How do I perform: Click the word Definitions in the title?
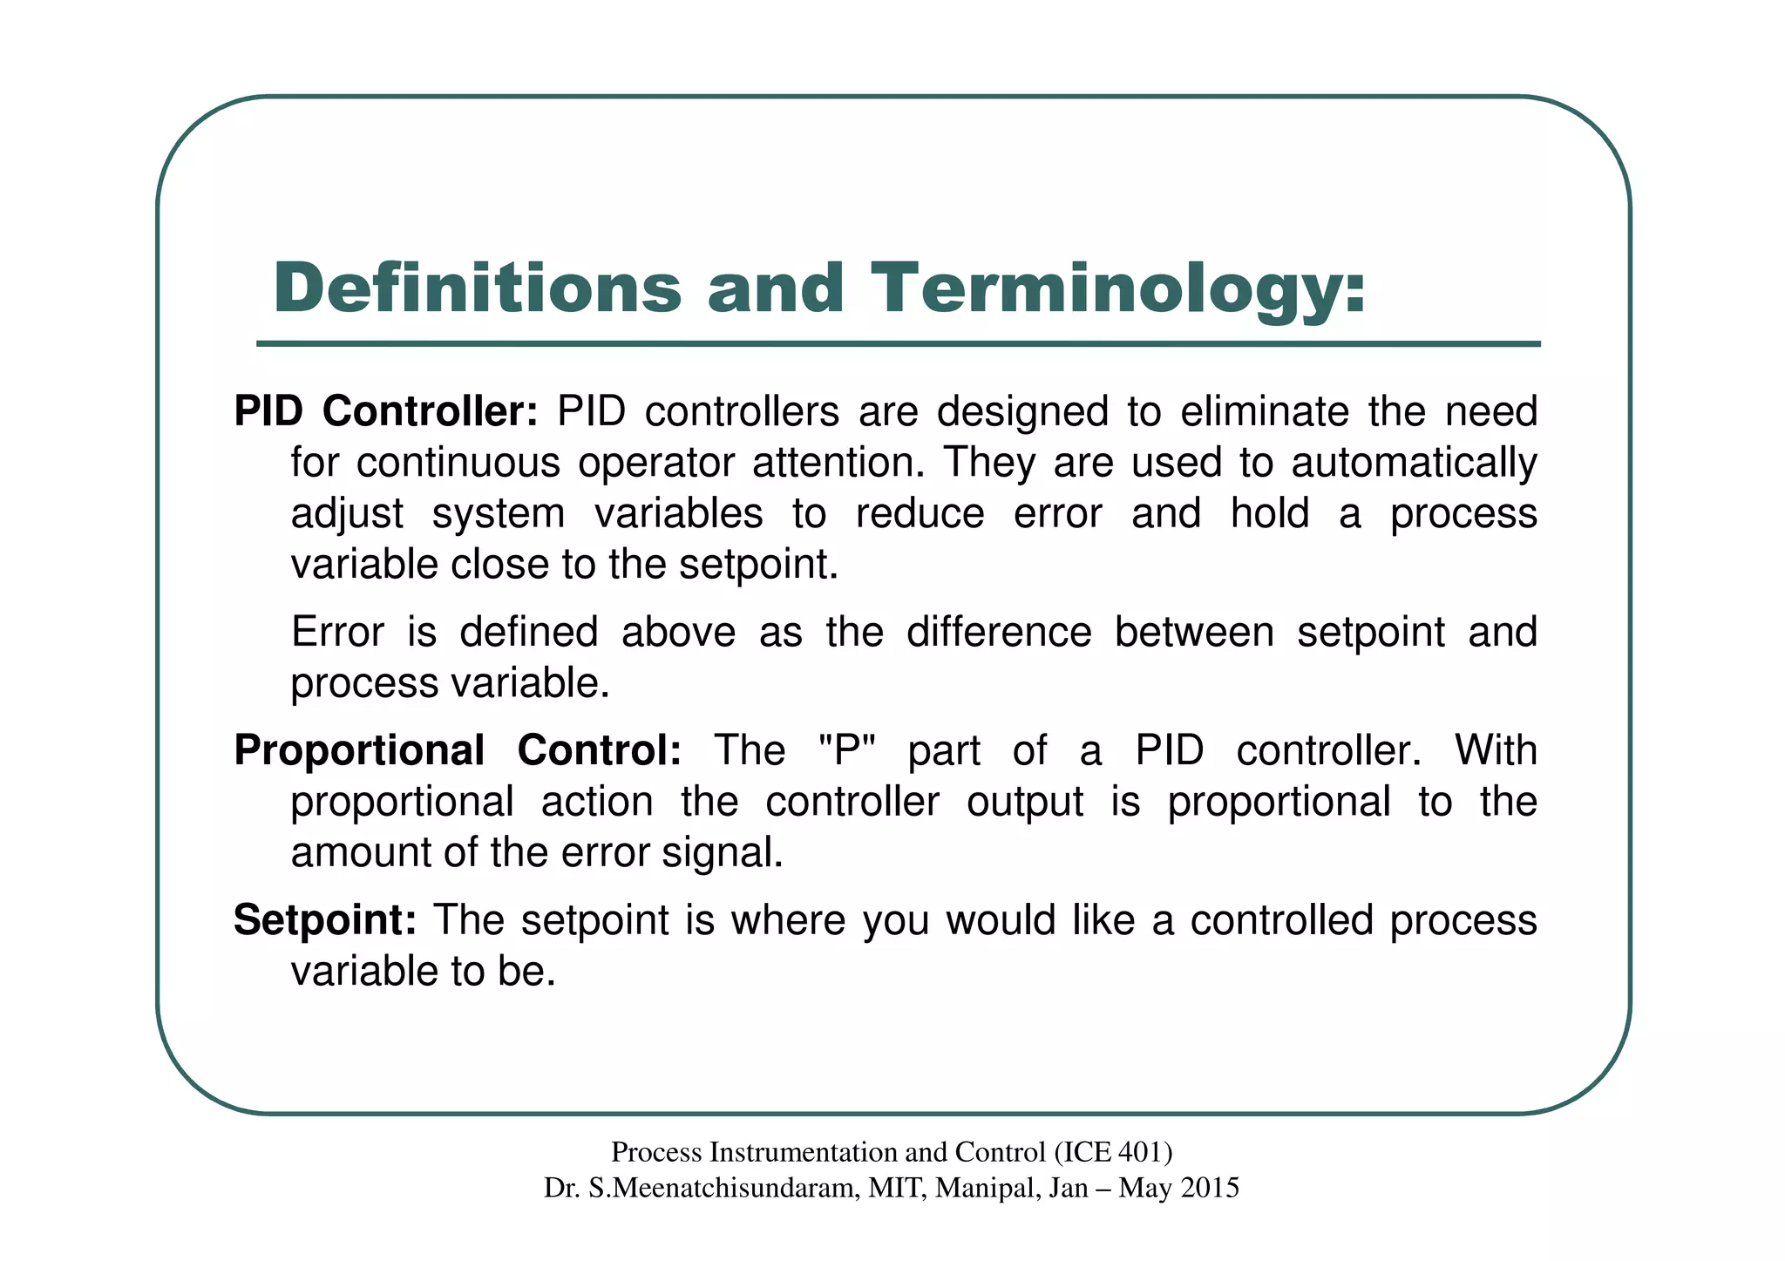coord(477,289)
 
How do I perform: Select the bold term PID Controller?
coord(386,411)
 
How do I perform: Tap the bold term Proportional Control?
coord(458,750)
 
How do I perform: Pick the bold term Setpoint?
coord(325,920)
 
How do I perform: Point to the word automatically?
coord(1413,463)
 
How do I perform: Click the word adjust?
coord(346,514)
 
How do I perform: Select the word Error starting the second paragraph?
coord(336,632)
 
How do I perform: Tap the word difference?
coord(998,632)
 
